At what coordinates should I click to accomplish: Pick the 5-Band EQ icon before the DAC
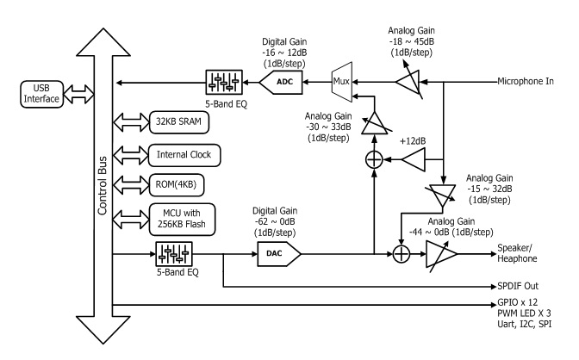[x=173, y=254]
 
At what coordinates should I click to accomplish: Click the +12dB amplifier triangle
[x=414, y=158]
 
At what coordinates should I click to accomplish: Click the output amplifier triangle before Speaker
[x=449, y=254]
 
